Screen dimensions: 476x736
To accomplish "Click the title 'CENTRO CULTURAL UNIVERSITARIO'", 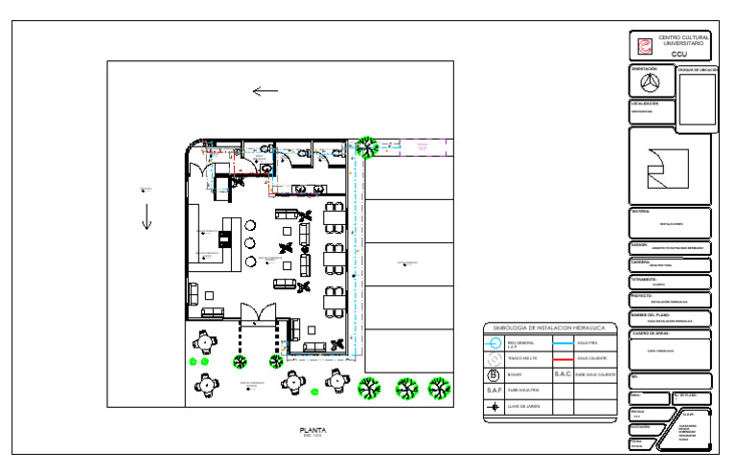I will pos(682,40).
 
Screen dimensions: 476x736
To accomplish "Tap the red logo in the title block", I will pos(646,45).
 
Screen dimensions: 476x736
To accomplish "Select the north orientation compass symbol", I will pos(646,83).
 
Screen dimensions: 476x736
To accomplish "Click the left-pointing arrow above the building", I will pos(265,92).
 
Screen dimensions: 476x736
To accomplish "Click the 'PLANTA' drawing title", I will pos(313,431).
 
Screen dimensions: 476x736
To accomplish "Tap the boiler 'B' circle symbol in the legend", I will pos(494,374).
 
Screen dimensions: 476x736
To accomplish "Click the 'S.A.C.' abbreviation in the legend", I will pos(563,374).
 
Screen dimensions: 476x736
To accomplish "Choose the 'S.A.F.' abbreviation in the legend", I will pos(494,391).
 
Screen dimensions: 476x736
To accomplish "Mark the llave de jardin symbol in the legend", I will pos(494,407).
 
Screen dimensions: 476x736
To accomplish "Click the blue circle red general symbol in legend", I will pos(494,343).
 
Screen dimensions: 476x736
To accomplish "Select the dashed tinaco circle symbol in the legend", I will pos(494,358).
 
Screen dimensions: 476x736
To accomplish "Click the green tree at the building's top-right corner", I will pos(365,147).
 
